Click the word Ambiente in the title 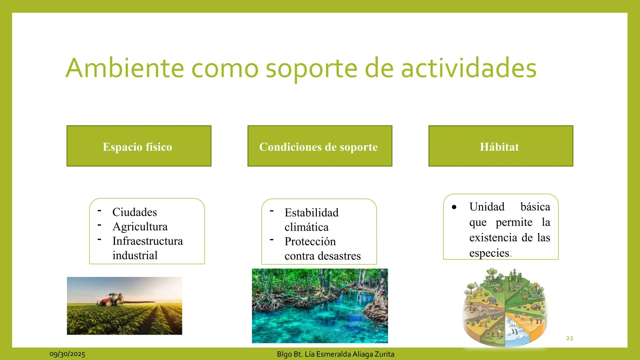[x=124, y=68]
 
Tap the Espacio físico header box [x=139, y=146]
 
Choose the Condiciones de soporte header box [x=320, y=146]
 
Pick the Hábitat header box [x=501, y=146]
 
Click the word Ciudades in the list [x=134, y=212]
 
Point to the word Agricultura [x=140, y=227]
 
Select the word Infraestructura [x=147, y=241]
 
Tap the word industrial [x=135, y=255]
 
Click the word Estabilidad [x=311, y=213]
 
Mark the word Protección [x=310, y=241]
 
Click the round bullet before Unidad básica [x=454, y=207]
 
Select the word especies [x=489, y=253]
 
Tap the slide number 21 [x=570, y=338]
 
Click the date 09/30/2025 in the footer [x=67, y=354]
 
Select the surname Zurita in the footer [x=384, y=354]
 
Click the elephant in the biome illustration [x=491, y=301]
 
